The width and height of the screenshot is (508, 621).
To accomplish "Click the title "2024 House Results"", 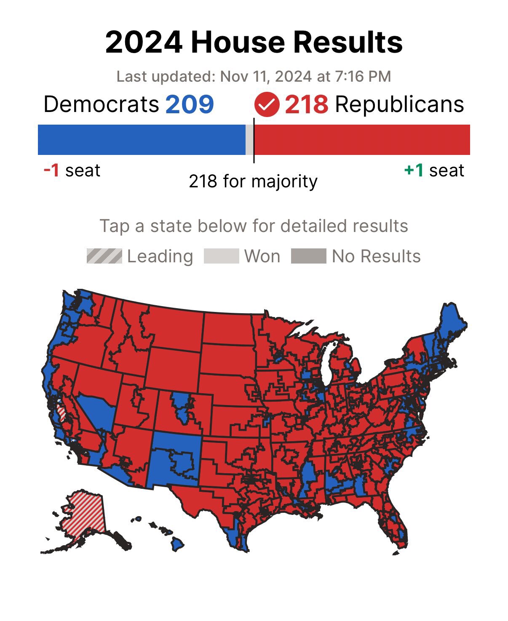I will pyautogui.click(x=254, y=42).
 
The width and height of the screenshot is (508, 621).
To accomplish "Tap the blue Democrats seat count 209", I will pyautogui.click(x=190, y=104).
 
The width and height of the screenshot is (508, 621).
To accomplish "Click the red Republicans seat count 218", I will pyautogui.click(x=306, y=104).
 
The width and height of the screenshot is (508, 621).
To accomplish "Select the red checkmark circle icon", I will pyautogui.click(x=267, y=105).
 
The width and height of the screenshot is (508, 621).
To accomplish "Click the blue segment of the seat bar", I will pyautogui.click(x=142, y=139).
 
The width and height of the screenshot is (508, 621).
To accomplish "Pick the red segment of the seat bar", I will pyautogui.click(x=362, y=139).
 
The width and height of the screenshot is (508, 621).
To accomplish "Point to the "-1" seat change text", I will pyautogui.click(x=51, y=171).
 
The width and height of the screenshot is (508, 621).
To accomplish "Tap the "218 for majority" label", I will pyautogui.click(x=253, y=181).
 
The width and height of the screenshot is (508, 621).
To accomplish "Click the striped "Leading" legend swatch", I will pyautogui.click(x=104, y=256).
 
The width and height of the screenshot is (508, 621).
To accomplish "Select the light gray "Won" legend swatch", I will pyautogui.click(x=221, y=256).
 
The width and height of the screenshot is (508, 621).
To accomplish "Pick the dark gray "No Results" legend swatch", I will pyautogui.click(x=308, y=256).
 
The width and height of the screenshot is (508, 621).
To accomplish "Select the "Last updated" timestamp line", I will pyautogui.click(x=254, y=77).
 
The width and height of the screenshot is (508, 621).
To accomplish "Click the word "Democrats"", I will pyautogui.click(x=102, y=104).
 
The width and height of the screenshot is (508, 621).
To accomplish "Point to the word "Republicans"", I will pyautogui.click(x=399, y=104).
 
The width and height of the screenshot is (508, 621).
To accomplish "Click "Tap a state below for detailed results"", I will pyautogui.click(x=254, y=226).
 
